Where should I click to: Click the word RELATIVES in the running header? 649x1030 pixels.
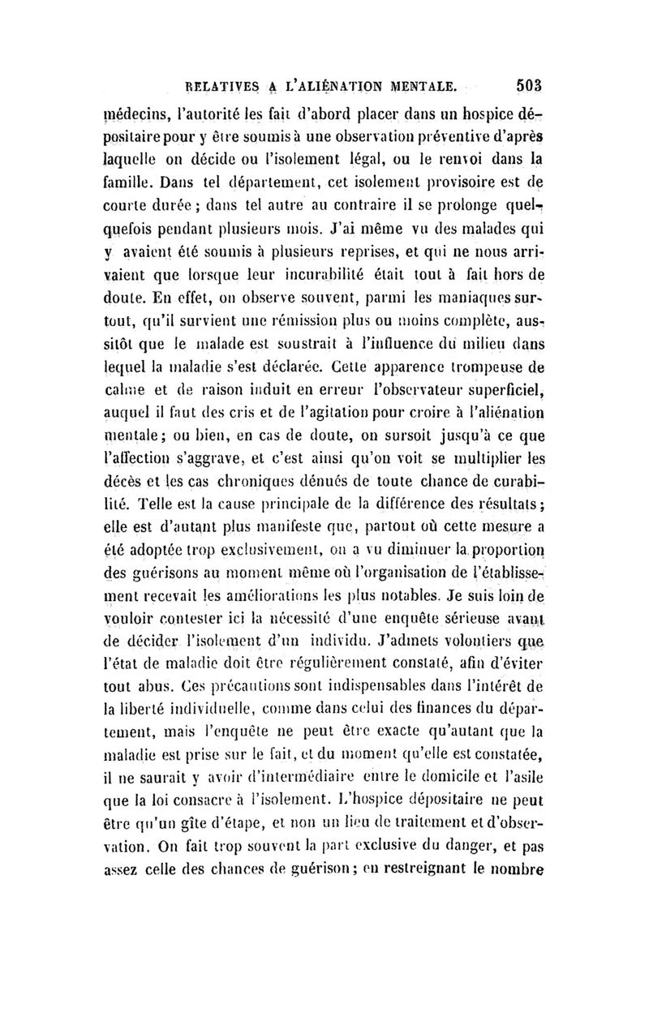pos(221,83)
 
